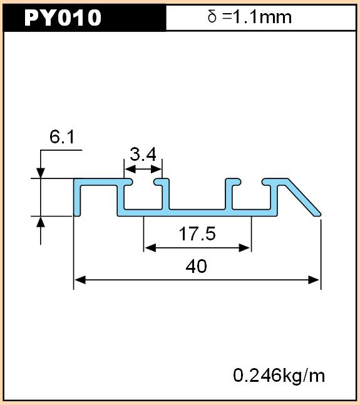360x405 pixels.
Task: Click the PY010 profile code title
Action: point(63,18)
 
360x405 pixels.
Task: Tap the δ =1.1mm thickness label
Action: point(249,17)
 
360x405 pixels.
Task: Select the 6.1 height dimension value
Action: point(62,136)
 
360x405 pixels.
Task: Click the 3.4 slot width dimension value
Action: point(143,154)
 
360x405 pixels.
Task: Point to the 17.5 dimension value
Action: point(197,233)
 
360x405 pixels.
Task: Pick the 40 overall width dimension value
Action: point(196,266)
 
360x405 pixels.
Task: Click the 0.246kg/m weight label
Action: point(279,376)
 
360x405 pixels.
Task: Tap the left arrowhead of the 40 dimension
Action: point(80,280)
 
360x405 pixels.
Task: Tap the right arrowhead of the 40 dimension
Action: point(314,280)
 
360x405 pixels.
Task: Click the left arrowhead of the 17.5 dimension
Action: point(150,248)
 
